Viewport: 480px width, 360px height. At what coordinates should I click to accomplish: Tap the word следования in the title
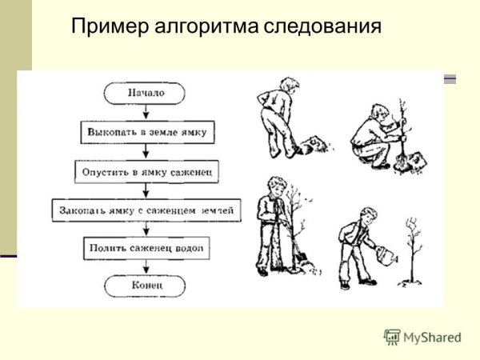tap(319, 26)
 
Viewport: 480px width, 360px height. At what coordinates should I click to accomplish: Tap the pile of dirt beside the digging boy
tap(313, 146)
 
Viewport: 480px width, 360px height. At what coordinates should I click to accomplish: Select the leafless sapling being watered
tap(414, 248)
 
